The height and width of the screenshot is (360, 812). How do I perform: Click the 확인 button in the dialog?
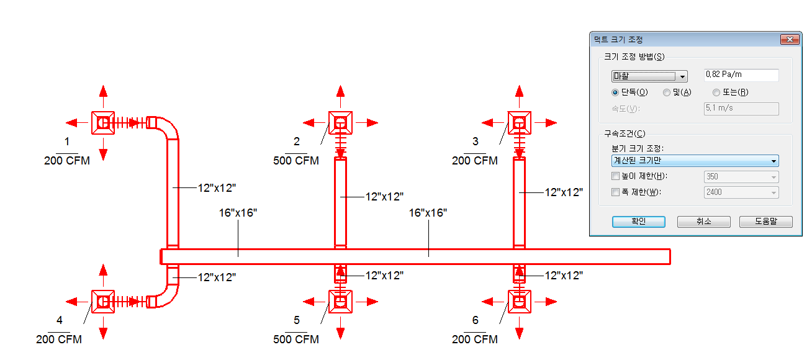pyautogui.click(x=638, y=222)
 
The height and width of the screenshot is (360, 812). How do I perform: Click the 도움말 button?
pyautogui.click(x=765, y=222)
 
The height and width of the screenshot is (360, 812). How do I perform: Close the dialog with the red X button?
pyautogui.click(x=790, y=40)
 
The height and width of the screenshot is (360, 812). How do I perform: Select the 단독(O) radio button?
pyautogui.click(x=615, y=92)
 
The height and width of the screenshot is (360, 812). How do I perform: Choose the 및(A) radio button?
pyautogui.click(x=667, y=92)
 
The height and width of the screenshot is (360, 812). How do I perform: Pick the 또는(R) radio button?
pyautogui.click(x=716, y=92)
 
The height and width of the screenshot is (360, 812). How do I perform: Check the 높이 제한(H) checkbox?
pyautogui.click(x=616, y=176)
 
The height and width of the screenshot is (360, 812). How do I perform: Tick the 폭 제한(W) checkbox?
pyautogui.click(x=616, y=192)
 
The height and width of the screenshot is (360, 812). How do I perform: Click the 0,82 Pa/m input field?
pyautogui.click(x=741, y=74)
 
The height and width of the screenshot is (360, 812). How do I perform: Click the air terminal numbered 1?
pyautogui.click(x=103, y=123)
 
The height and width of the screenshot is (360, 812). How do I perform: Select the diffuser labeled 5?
pyautogui.click(x=340, y=302)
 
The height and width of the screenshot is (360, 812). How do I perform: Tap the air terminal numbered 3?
pyautogui.click(x=519, y=123)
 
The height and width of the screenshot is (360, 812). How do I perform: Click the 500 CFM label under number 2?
pyautogui.click(x=296, y=161)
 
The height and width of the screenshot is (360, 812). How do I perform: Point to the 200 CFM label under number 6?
pyautogui.click(x=475, y=340)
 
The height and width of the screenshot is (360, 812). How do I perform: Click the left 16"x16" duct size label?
pyautogui.click(x=238, y=213)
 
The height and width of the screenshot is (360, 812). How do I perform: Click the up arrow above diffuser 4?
pyautogui.click(x=103, y=272)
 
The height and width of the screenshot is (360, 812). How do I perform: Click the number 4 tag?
pyautogui.click(x=59, y=320)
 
